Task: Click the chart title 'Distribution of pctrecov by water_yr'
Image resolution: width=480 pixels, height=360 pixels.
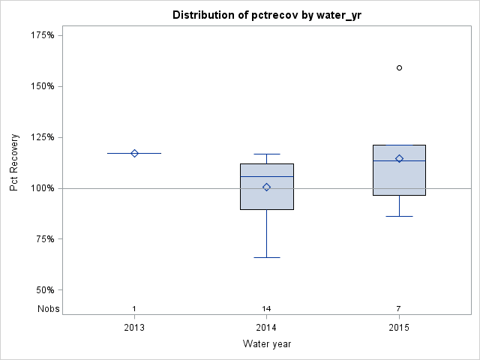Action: point(266,15)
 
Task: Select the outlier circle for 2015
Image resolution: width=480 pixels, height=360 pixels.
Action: point(399,67)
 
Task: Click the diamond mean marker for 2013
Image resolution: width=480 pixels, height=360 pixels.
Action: point(134,153)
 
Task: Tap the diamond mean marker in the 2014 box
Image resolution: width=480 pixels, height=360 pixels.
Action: point(266,187)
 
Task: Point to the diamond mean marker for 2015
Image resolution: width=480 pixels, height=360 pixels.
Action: point(399,158)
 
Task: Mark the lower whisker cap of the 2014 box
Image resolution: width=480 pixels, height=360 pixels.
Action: point(266,257)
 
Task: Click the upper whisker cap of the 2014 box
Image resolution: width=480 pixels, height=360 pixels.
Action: point(266,154)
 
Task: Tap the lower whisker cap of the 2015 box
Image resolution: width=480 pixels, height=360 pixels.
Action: point(399,216)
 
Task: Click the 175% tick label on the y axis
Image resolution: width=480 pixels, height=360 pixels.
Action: point(42,35)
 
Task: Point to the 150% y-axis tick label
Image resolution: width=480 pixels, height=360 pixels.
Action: point(42,86)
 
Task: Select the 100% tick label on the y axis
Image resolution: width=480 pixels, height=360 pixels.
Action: point(42,188)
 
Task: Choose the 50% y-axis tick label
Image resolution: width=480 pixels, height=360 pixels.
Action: point(44,290)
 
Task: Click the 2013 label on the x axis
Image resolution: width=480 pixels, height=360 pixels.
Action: point(134,328)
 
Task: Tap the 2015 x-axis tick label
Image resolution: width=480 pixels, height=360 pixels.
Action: point(399,328)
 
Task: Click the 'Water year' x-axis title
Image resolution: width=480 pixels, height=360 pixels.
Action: point(266,344)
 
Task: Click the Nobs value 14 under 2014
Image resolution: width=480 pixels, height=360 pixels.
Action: point(266,309)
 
